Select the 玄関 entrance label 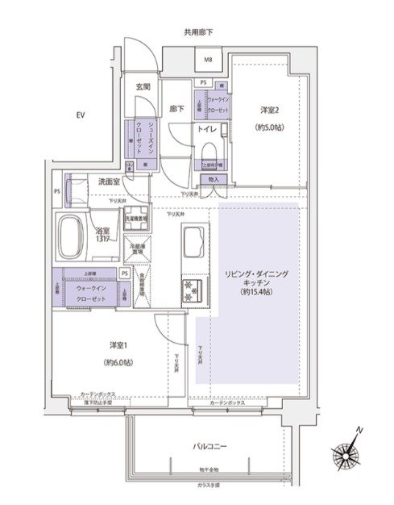[x=143, y=87]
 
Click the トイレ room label [x=206, y=128]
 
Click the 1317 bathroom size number [x=102, y=239]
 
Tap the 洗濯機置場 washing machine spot [x=135, y=219]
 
